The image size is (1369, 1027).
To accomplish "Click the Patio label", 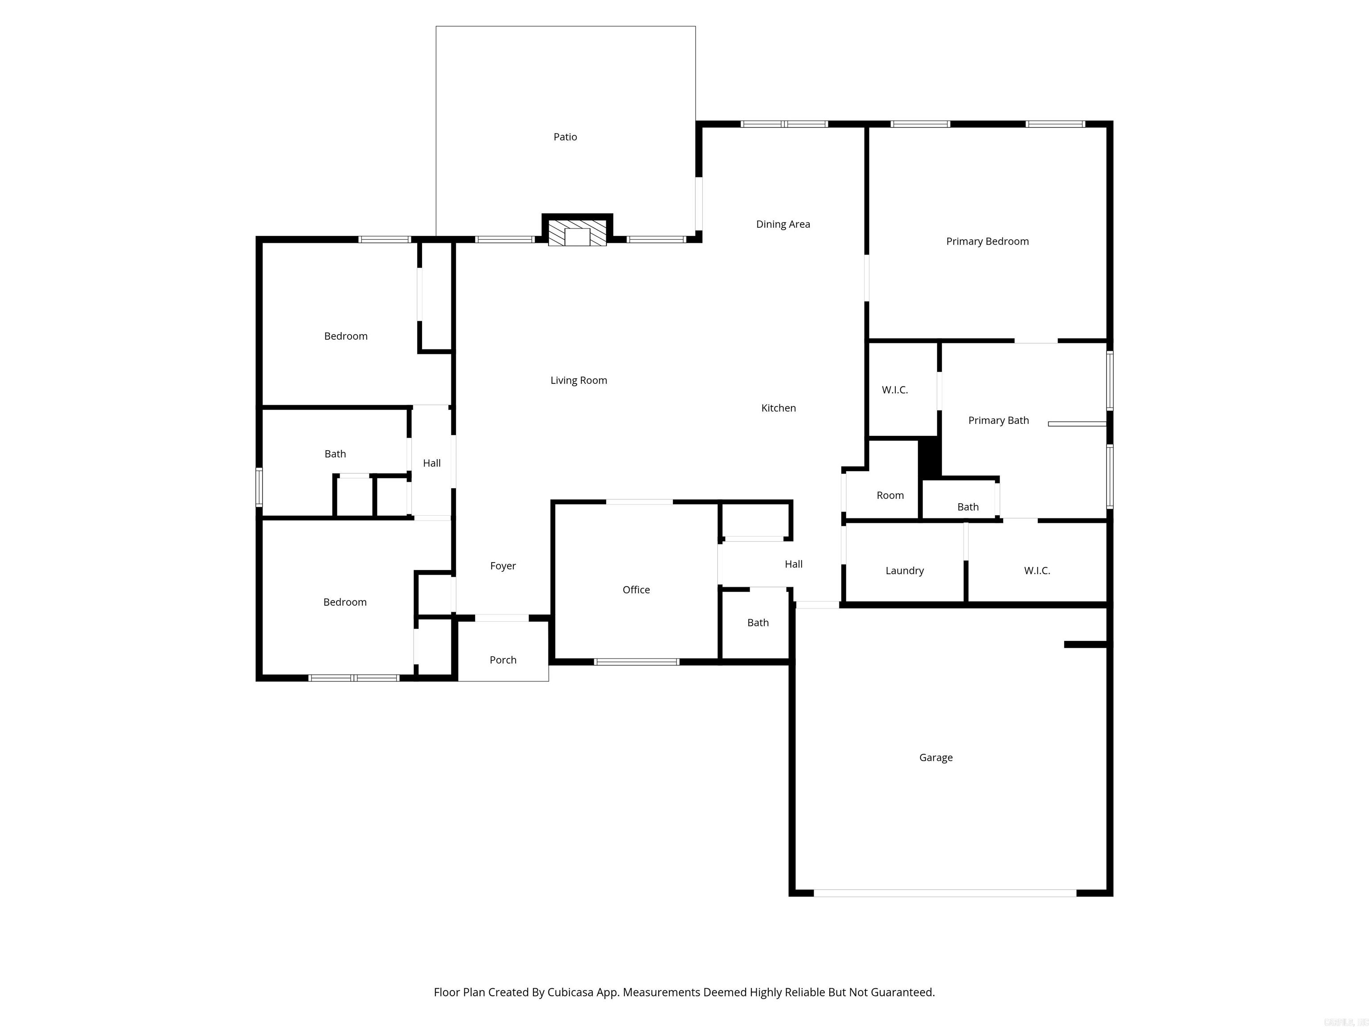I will [x=565, y=137].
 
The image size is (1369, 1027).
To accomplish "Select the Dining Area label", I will [x=783, y=224].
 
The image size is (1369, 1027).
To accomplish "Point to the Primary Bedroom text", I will [x=987, y=242].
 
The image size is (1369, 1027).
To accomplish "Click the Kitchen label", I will [x=779, y=408].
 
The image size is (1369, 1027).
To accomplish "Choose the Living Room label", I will [x=579, y=380].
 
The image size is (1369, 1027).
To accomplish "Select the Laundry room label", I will [x=904, y=571].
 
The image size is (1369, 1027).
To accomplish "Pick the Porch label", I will [x=503, y=660].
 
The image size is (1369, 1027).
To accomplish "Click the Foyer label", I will [x=503, y=566].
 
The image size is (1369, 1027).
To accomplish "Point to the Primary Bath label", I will [x=998, y=420].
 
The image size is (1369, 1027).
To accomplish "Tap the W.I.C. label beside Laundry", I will [x=1037, y=571].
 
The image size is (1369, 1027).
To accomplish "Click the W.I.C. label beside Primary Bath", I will [x=894, y=390].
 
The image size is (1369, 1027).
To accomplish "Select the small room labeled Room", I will [x=890, y=495].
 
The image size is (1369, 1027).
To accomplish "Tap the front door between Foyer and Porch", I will [x=501, y=618].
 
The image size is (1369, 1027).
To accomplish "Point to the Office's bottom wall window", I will [x=636, y=662].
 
